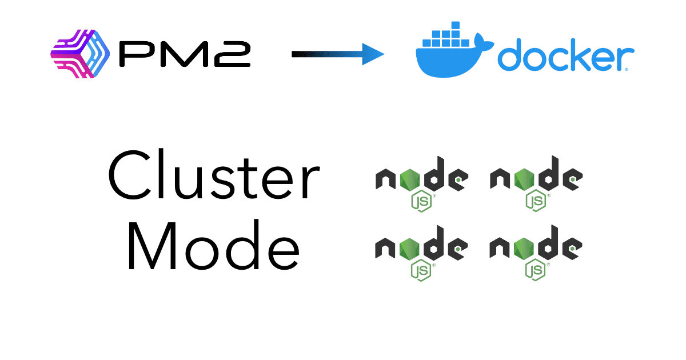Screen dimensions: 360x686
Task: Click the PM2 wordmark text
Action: pos(184,54)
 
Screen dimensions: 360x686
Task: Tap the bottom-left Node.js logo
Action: pos(422,252)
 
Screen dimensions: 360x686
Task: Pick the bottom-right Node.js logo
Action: pos(536,252)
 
